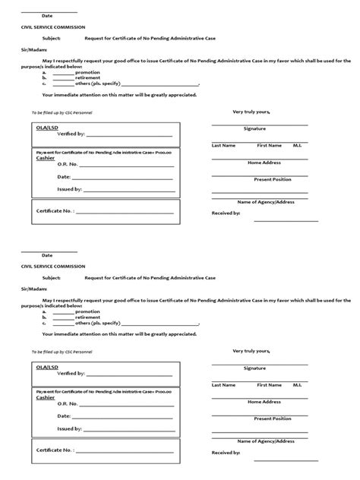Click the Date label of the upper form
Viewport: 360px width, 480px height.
pos(47,15)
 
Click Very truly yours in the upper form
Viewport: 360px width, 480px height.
pos(251,112)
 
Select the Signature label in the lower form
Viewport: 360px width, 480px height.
pos(254,368)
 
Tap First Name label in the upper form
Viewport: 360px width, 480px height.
pos(270,144)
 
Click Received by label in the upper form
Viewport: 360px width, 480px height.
pos(226,213)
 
